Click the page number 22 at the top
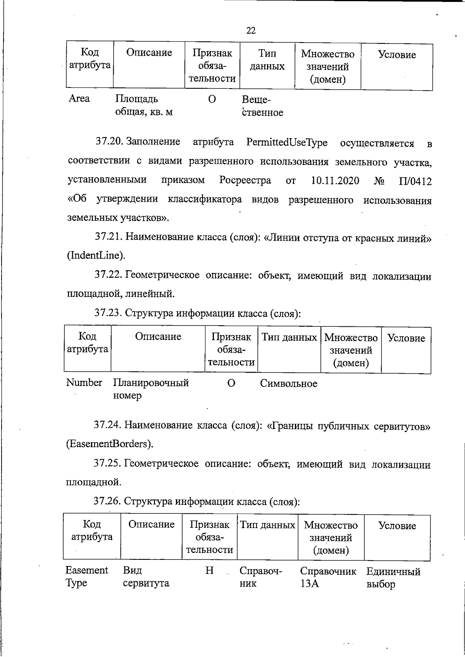coord(251,31)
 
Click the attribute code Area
coord(79,99)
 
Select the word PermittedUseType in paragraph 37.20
coord(286,142)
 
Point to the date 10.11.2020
coord(335,181)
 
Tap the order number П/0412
coord(415,181)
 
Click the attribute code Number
coord(84,383)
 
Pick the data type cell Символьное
coord(288,384)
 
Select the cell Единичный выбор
coord(393,578)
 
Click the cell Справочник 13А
coord(328,577)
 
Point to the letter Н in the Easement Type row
coord(209,571)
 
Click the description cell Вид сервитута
coord(146,577)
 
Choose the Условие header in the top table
coord(397,55)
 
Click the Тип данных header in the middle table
coord(289,337)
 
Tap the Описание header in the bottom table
coord(151,524)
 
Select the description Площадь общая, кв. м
coord(143,106)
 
